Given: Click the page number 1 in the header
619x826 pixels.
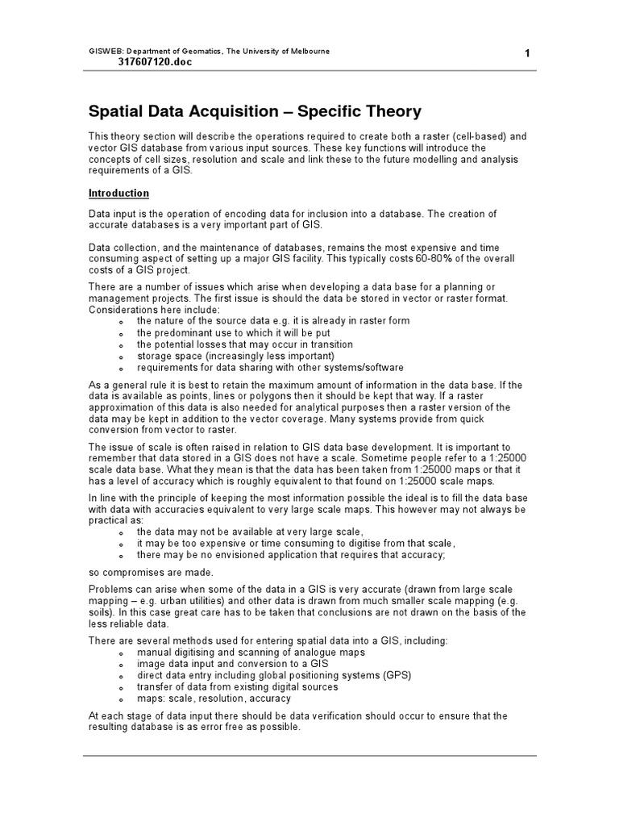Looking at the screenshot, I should point(526,54).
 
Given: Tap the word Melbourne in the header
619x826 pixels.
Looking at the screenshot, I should point(305,51).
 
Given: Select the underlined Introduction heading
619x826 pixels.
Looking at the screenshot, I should point(118,194).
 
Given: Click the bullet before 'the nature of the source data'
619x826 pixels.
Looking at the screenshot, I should point(120,322).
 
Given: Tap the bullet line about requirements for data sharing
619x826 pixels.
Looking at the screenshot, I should point(270,367).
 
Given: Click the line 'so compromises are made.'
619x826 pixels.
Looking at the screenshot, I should point(151,572).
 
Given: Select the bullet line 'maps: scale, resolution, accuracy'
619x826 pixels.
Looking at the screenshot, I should point(214,699).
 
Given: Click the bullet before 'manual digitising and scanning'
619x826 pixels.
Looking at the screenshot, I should point(120,653).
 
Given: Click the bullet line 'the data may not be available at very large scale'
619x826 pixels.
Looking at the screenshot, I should point(250,532).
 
